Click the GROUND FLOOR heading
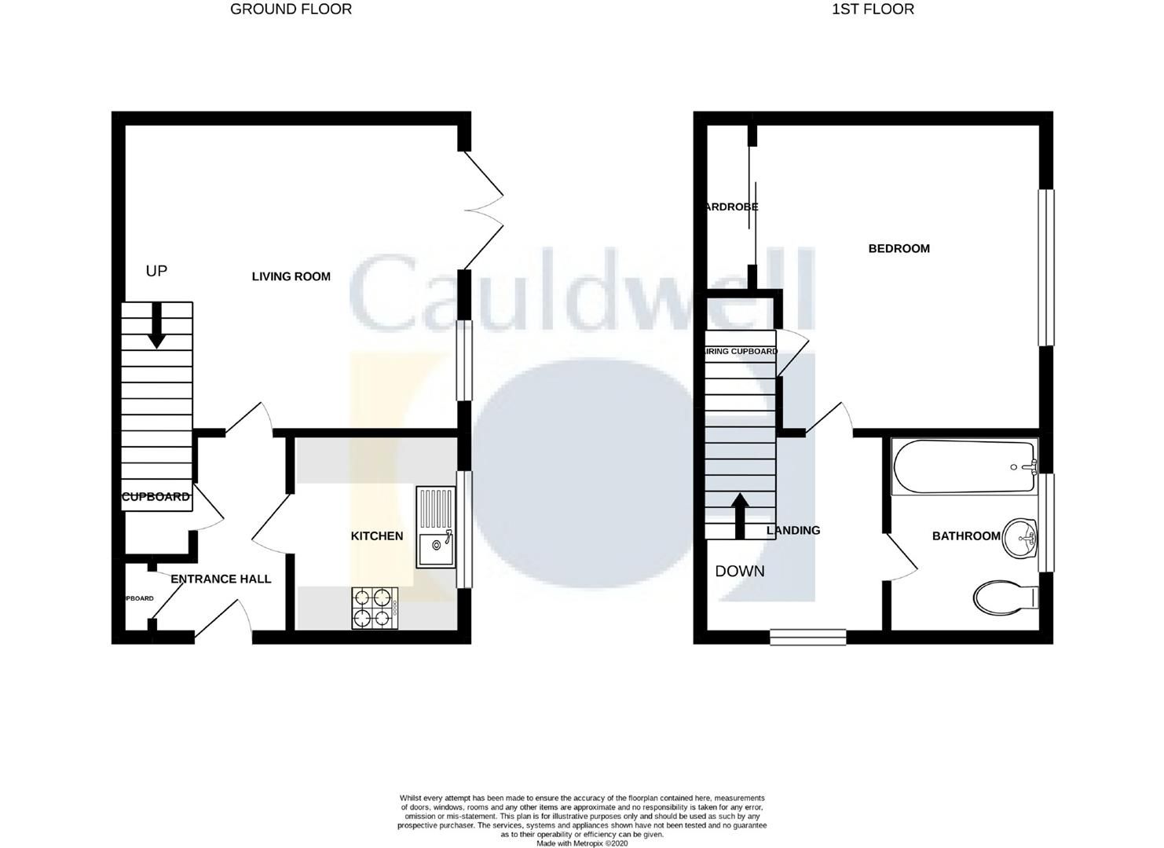pos(291,9)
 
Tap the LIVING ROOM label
pos(291,276)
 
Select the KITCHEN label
pos(376,536)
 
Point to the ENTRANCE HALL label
pos(221,579)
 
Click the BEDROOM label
pos(899,249)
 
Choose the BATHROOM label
pos(966,536)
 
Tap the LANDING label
pos(793,531)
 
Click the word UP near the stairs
pos(156,271)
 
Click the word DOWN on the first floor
pos(740,572)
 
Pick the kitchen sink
pos(436,527)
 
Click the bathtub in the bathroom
pos(964,467)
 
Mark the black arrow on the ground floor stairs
pos(156,324)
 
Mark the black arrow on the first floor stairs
pos(739,515)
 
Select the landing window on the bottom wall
pos(807,637)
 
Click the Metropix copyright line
pos(582,843)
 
